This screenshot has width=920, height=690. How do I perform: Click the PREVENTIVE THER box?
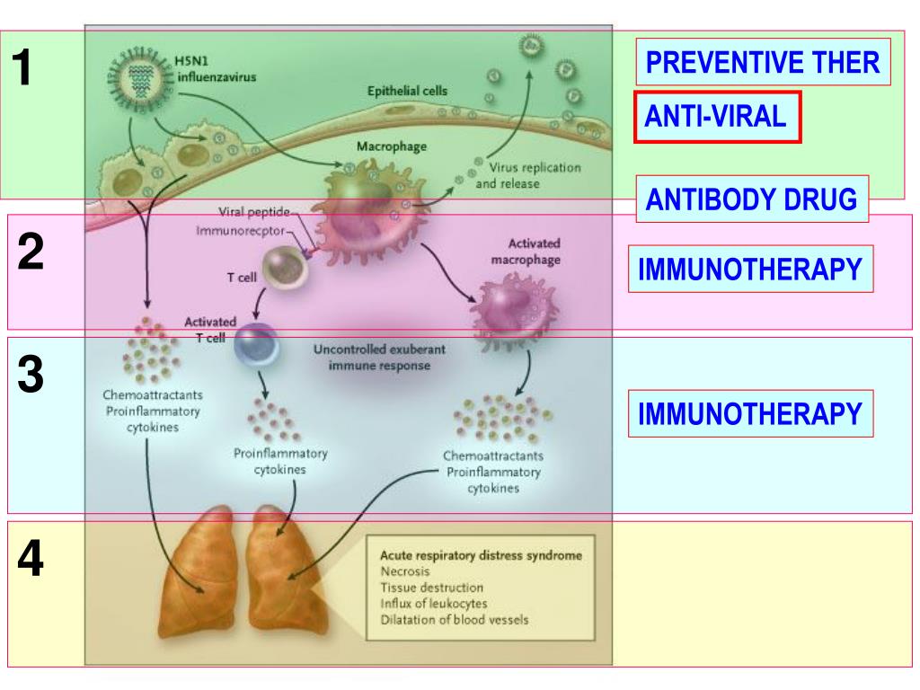point(763,62)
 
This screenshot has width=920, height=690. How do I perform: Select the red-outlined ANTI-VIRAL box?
point(716,118)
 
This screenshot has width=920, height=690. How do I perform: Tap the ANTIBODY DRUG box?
point(752,199)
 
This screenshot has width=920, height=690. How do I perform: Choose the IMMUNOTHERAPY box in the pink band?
point(750,269)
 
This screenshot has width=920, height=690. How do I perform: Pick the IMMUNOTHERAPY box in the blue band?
point(750,414)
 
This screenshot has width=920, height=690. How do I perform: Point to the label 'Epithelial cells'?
point(407,91)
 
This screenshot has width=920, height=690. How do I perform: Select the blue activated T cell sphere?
point(258,346)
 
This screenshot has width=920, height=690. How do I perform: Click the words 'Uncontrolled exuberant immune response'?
point(378,358)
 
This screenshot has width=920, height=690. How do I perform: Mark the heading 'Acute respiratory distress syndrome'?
point(481,555)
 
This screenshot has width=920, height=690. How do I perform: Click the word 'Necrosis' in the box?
point(405,571)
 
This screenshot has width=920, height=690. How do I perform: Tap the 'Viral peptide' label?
point(254,212)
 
